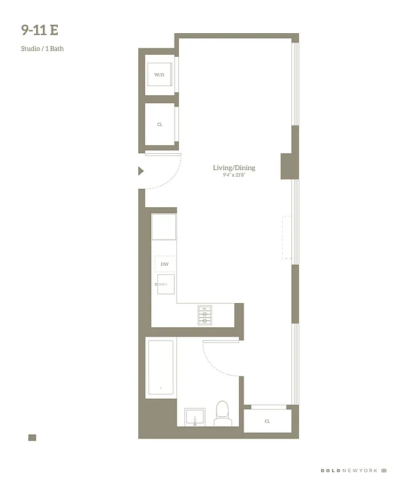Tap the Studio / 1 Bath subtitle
(42, 49)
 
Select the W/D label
(160, 74)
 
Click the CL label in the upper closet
(160, 124)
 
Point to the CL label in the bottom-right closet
(267, 421)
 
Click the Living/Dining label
(234, 168)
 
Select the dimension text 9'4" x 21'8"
(234, 175)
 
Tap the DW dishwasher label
(164, 264)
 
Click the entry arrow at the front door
(141, 171)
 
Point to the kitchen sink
(165, 284)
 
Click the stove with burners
(204, 315)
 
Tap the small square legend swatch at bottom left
(32, 438)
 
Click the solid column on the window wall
(290, 166)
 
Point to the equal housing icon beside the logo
(384, 470)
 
